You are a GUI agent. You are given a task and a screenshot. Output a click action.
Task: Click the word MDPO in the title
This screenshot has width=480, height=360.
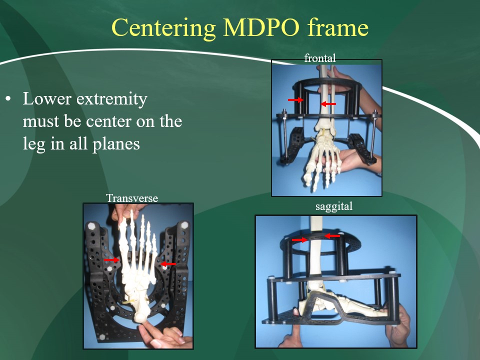click(261, 27)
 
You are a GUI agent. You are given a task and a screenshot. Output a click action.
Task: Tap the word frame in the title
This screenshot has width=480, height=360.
click(338, 27)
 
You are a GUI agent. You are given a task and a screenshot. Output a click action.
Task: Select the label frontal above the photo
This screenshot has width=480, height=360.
click(320, 58)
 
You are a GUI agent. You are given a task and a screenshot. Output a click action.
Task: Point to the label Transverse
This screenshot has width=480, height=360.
click(132, 198)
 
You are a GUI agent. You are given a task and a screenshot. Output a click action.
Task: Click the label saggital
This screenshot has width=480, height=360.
click(334, 206)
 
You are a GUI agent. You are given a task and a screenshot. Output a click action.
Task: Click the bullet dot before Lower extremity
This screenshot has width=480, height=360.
click(8, 99)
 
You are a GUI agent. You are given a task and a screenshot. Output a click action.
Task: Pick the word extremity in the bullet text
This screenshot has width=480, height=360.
click(111, 99)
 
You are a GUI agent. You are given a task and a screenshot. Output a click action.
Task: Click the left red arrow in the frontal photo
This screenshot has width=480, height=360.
click(295, 100)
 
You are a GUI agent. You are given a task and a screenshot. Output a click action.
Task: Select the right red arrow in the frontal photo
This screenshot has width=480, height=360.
click(328, 104)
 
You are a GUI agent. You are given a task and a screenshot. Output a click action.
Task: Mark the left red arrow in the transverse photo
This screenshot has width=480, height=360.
click(111, 260)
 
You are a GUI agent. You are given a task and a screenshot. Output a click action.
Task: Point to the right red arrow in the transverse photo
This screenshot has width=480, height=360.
click(168, 264)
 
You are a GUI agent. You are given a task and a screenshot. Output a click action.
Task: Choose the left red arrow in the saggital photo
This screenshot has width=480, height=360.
click(299, 239)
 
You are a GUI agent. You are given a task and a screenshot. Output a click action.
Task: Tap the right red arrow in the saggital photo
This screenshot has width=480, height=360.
click(332, 236)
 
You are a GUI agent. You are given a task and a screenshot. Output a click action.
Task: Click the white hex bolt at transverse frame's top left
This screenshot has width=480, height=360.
click(91, 226)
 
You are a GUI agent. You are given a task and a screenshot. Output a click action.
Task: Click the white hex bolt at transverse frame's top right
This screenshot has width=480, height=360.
click(184, 225)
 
